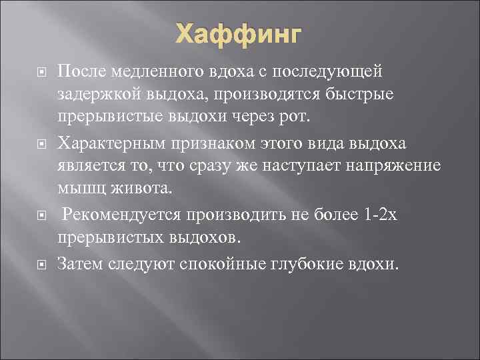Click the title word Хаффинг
(239, 33)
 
